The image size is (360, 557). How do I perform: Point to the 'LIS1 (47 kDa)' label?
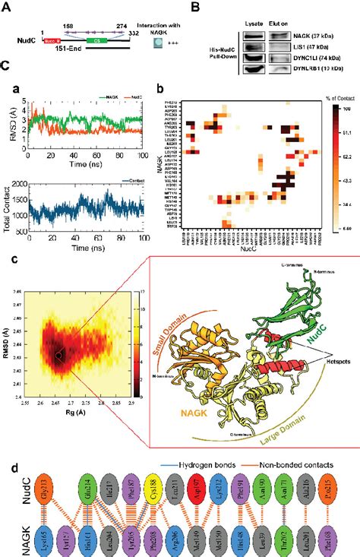(x=317, y=46)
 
